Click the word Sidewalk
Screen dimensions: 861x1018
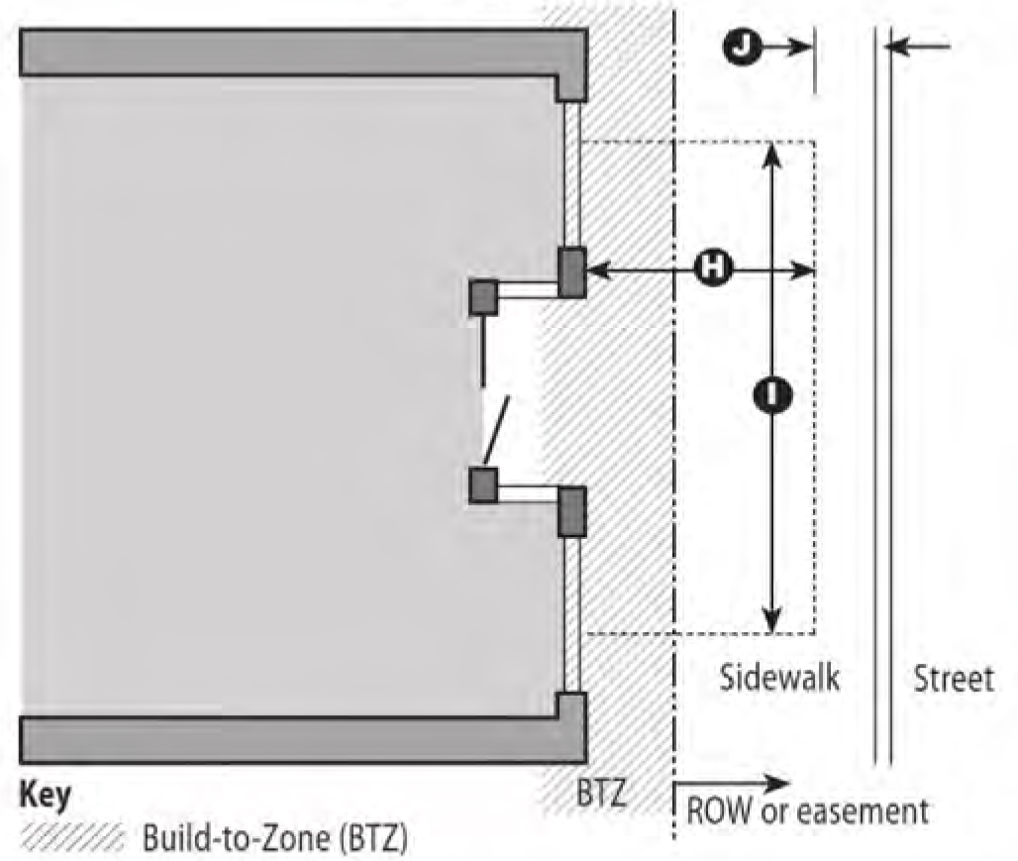point(779,678)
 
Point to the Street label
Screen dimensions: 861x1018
point(953,679)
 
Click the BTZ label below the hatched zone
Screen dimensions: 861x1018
point(604,794)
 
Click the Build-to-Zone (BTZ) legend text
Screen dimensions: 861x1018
point(274,838)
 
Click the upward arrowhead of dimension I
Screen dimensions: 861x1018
point(772,154)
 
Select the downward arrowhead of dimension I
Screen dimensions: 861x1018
point(772,620)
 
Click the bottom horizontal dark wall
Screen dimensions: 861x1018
point(297,739)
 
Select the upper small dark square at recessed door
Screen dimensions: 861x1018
point(483,297)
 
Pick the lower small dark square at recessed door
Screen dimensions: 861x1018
point(483,485)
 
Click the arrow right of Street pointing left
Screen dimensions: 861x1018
point(917,46)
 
